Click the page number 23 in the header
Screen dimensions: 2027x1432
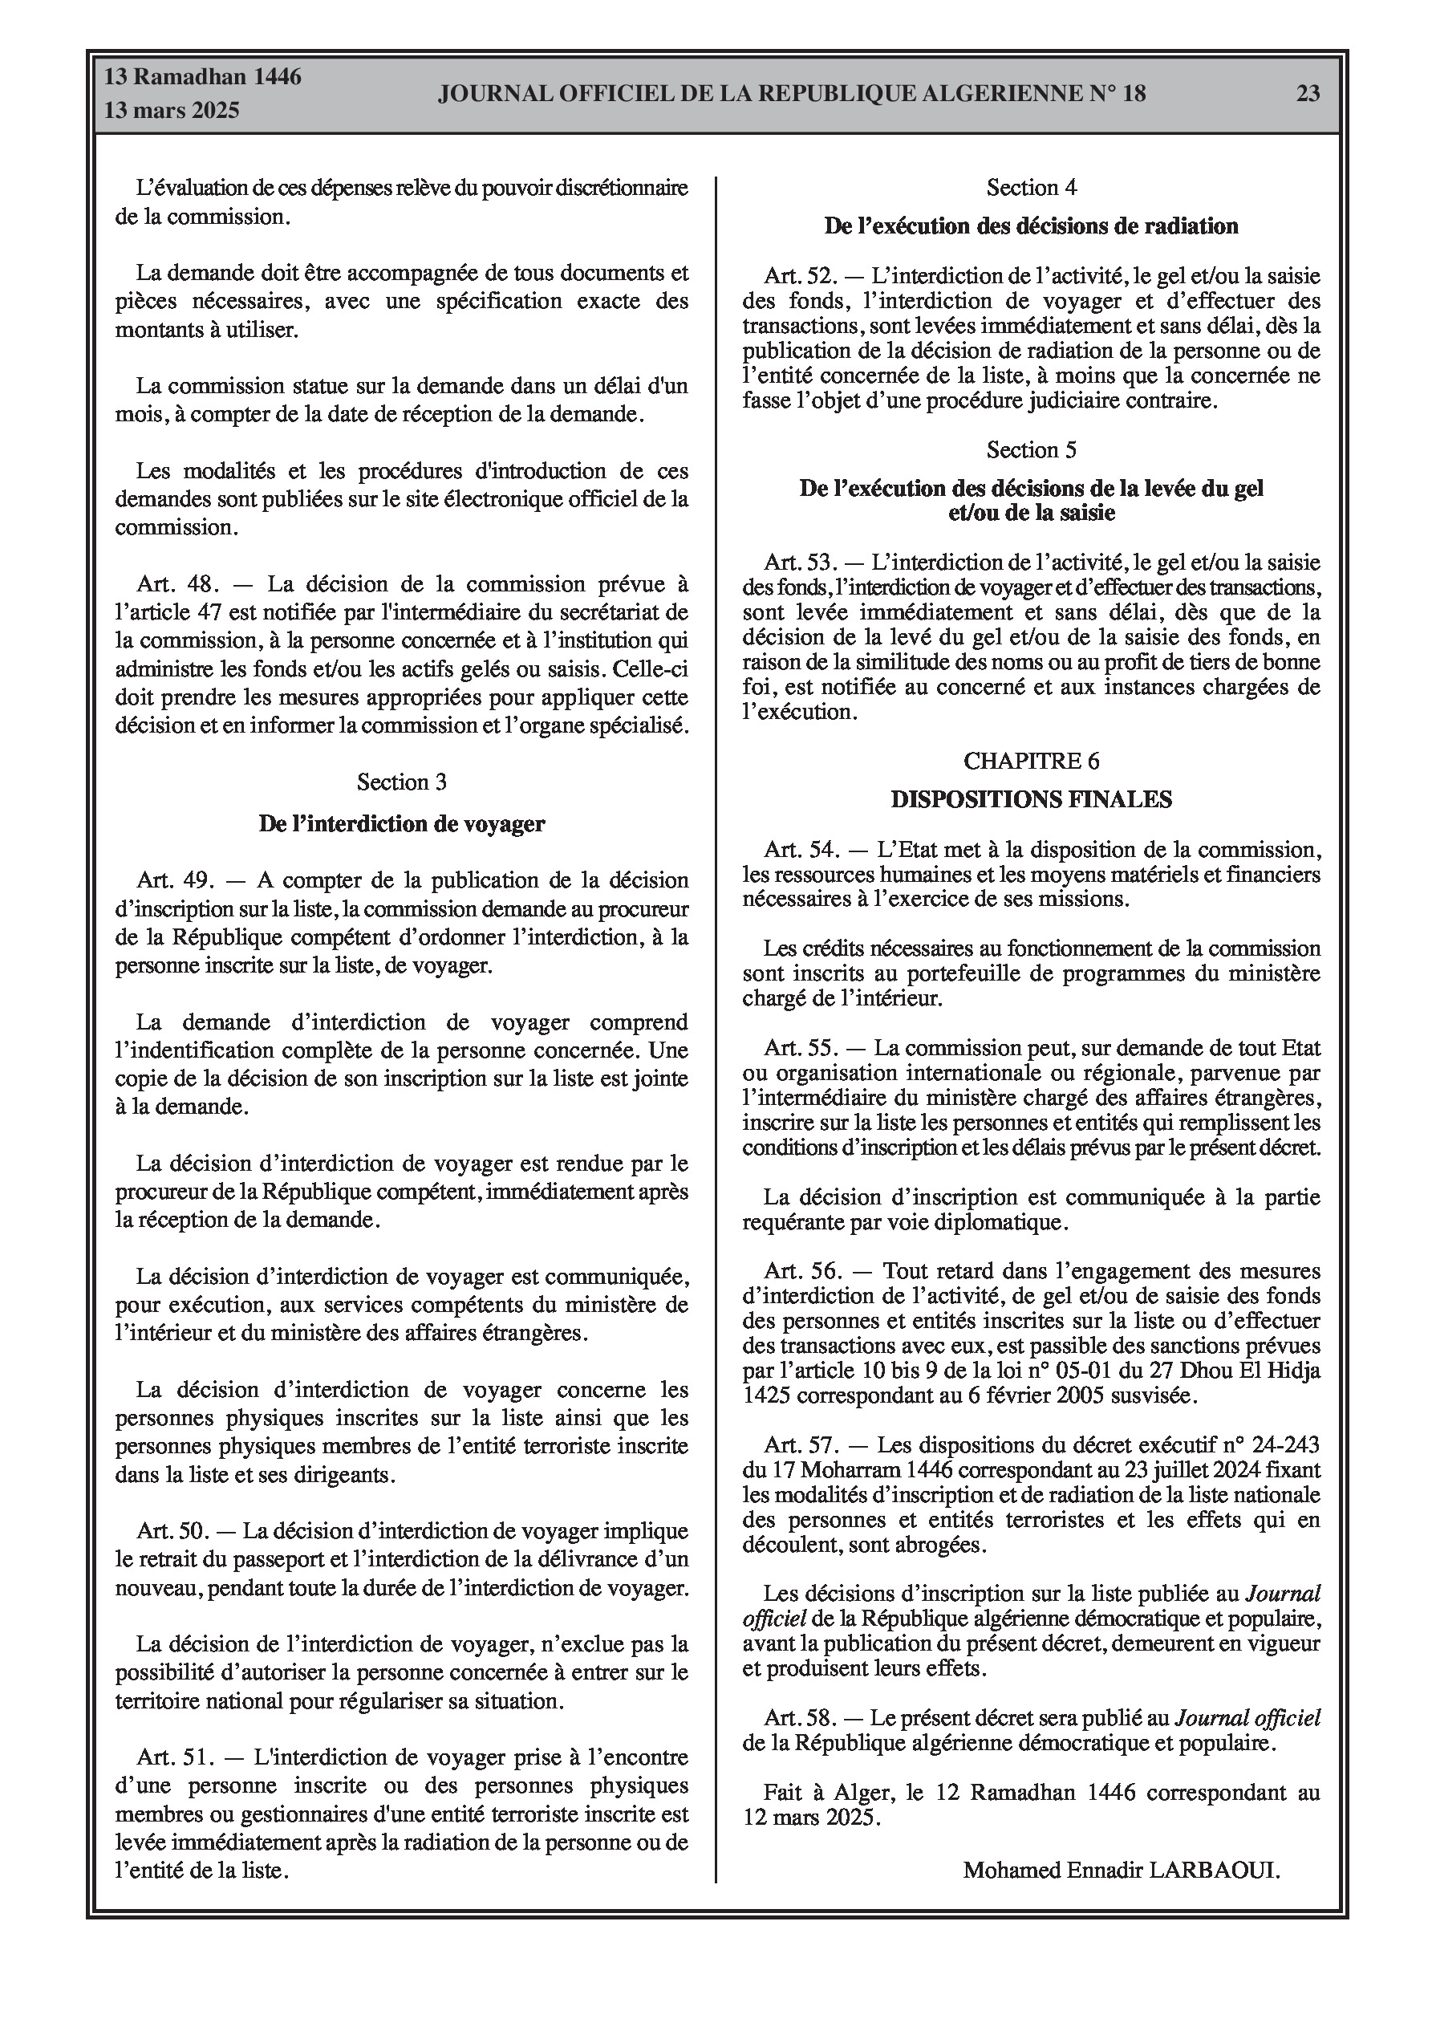[1308, 93]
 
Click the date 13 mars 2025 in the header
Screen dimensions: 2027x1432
[172, 111]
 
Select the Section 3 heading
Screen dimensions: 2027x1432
[402, 782]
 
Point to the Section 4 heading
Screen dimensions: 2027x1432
[1031, 187]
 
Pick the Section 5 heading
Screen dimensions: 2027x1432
[1031, 449]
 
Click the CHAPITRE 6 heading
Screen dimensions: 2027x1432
[1031, 760]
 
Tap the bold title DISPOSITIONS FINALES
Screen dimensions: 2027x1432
[1031, 799]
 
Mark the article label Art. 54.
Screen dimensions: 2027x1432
[800, 849]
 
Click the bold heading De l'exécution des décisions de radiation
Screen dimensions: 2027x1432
[1031, 226]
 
